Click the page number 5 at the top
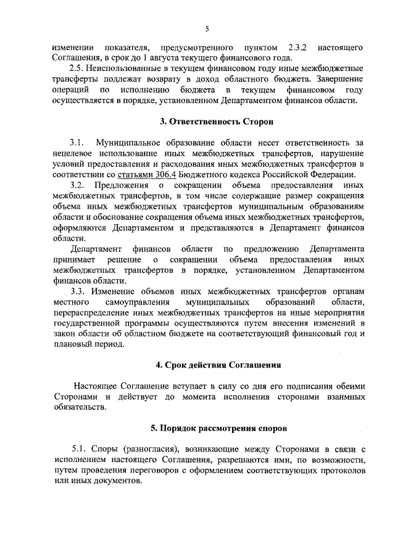point(208,28)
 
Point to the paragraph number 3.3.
point(79,291)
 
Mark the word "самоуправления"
point(133,301)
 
